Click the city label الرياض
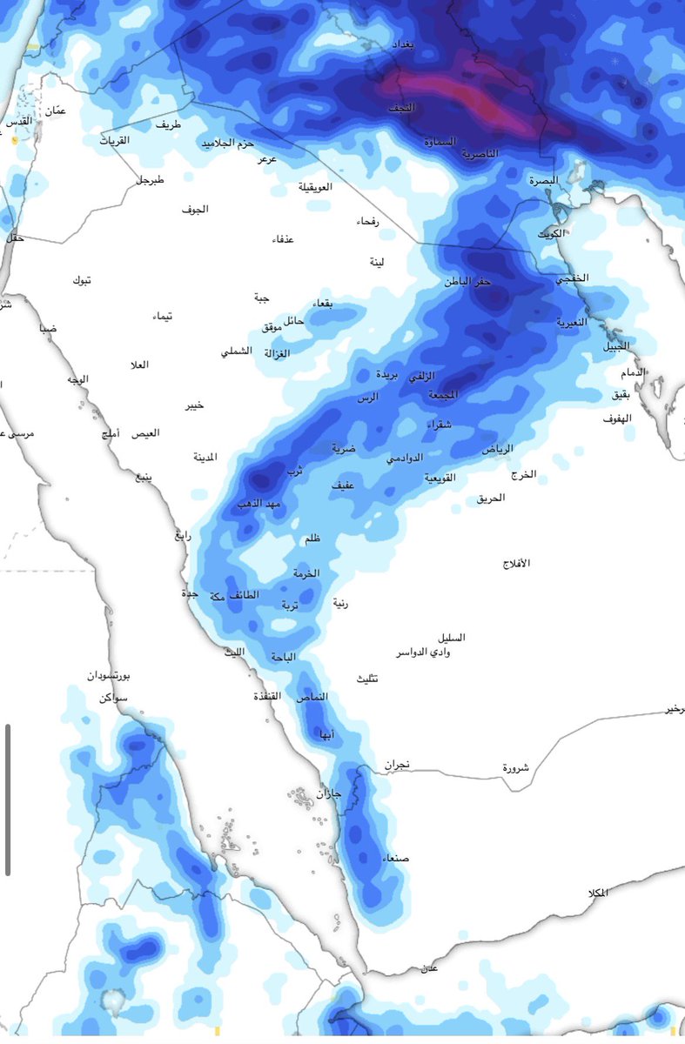click(x=498, y=448)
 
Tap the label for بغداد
click(x=406, y=43)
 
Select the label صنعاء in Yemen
click(x=395, y=859)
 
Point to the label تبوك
click(x=82, y=280)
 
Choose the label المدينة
click(x=205, y=457)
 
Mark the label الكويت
click(x=550, y=235)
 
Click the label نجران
click(x=396, y=765)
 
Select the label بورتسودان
click(x=109, y=676)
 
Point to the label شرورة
click(x=515, y=768)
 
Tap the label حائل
click(x=294, y=320)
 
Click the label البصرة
click(x=542, y=180)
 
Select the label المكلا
click(x=597, y=893)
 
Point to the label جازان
click(x=328, y=793)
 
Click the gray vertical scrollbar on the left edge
click(x=8, y=799)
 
